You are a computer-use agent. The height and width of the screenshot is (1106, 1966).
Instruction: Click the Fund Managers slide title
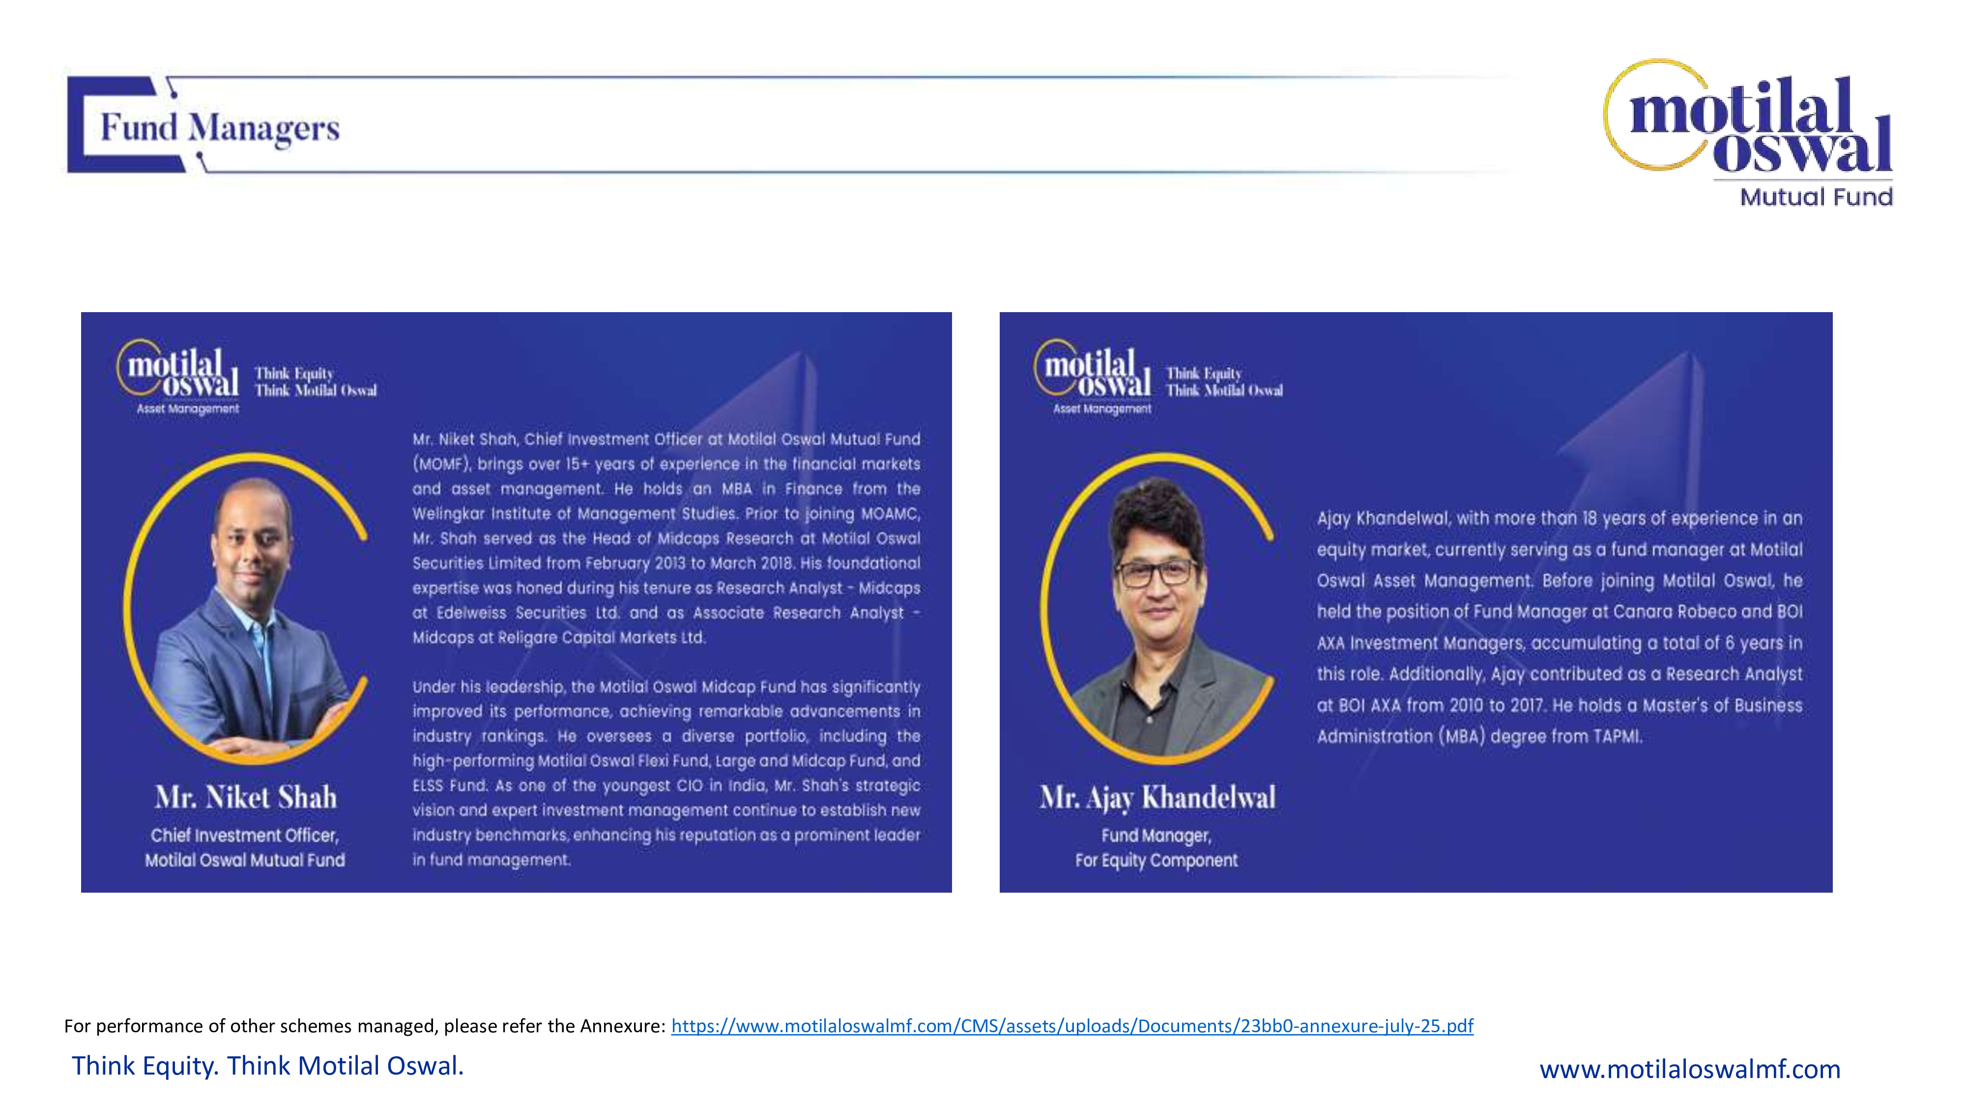(220, 127)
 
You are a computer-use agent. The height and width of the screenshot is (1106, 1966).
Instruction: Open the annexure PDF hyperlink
(1071, 1026)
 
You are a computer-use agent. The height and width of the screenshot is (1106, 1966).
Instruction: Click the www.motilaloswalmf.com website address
(1690, 1069)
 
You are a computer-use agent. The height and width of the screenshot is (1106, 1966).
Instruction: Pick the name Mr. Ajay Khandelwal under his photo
(1157, 798)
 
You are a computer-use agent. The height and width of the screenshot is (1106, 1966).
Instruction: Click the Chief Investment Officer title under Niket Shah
(245, 835)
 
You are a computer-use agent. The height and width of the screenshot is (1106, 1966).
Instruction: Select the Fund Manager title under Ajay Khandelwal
(1156, 835)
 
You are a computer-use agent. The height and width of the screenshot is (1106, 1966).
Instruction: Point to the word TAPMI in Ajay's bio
(1617, 736)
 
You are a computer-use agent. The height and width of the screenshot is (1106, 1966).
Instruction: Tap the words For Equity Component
(1156, 860)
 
